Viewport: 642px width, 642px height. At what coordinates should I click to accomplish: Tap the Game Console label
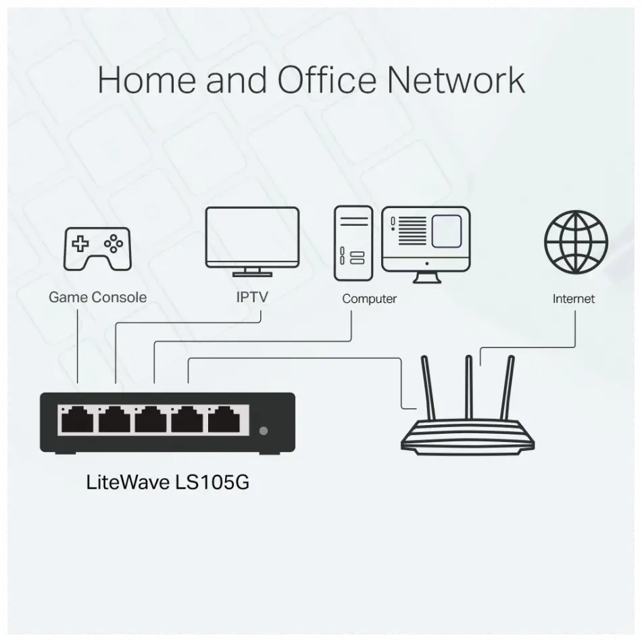[97, 297]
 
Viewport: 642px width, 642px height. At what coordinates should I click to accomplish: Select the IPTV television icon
[252, 241]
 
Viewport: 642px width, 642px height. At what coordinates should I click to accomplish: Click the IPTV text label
[251, 297]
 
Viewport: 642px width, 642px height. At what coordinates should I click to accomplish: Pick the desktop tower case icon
[353, 243]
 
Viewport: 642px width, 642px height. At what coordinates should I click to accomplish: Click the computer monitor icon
[425, 243]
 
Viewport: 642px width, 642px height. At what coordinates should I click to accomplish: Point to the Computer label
[369, 299]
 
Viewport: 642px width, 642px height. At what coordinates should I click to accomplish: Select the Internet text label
[574, 298]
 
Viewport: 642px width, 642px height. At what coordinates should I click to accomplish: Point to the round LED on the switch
[264, 430]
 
